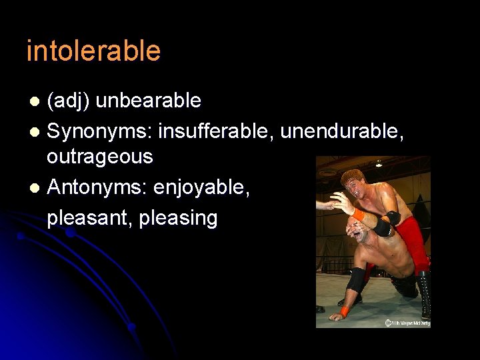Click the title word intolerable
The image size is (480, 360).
click(x=93, y=51)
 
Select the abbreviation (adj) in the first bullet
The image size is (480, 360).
click(x=70, y=101)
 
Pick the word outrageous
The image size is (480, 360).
click(x=99, y=157)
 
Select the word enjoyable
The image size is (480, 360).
click(x=202, y=187)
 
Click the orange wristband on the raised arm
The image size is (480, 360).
click(x=359, y=215)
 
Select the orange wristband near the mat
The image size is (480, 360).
click(x=344, y=311)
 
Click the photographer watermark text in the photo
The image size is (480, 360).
click(x=407, y=323)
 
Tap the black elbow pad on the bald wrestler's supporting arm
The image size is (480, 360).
click(x=356, y=280)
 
